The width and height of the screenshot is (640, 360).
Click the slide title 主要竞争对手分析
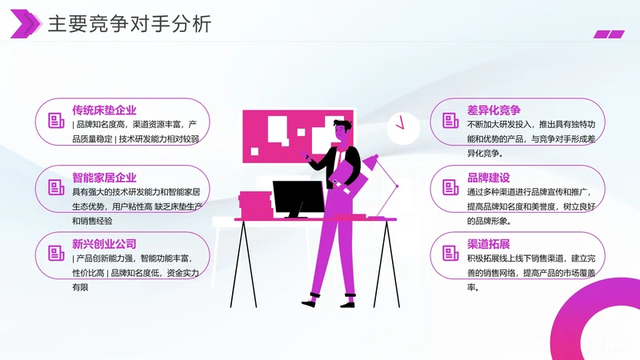[x=130, y=24]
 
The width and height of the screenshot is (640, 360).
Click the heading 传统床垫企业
[x=104, y=110]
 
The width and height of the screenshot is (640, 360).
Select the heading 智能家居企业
[x=104, y=177]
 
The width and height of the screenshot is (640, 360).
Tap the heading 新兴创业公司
[x=104, y=243]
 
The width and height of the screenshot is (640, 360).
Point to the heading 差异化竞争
[x=494, y=110]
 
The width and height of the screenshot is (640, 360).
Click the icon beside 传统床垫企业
[x=56, y=122]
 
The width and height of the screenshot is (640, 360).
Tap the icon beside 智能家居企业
[x=56, y=188]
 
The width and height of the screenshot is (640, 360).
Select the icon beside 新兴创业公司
[x=56, y=254]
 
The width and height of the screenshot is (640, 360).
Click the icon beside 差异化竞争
[x=450, y=122]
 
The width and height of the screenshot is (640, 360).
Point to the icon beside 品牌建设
[x=450, y=188]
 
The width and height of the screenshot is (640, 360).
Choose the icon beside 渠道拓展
[x=450, y=254]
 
